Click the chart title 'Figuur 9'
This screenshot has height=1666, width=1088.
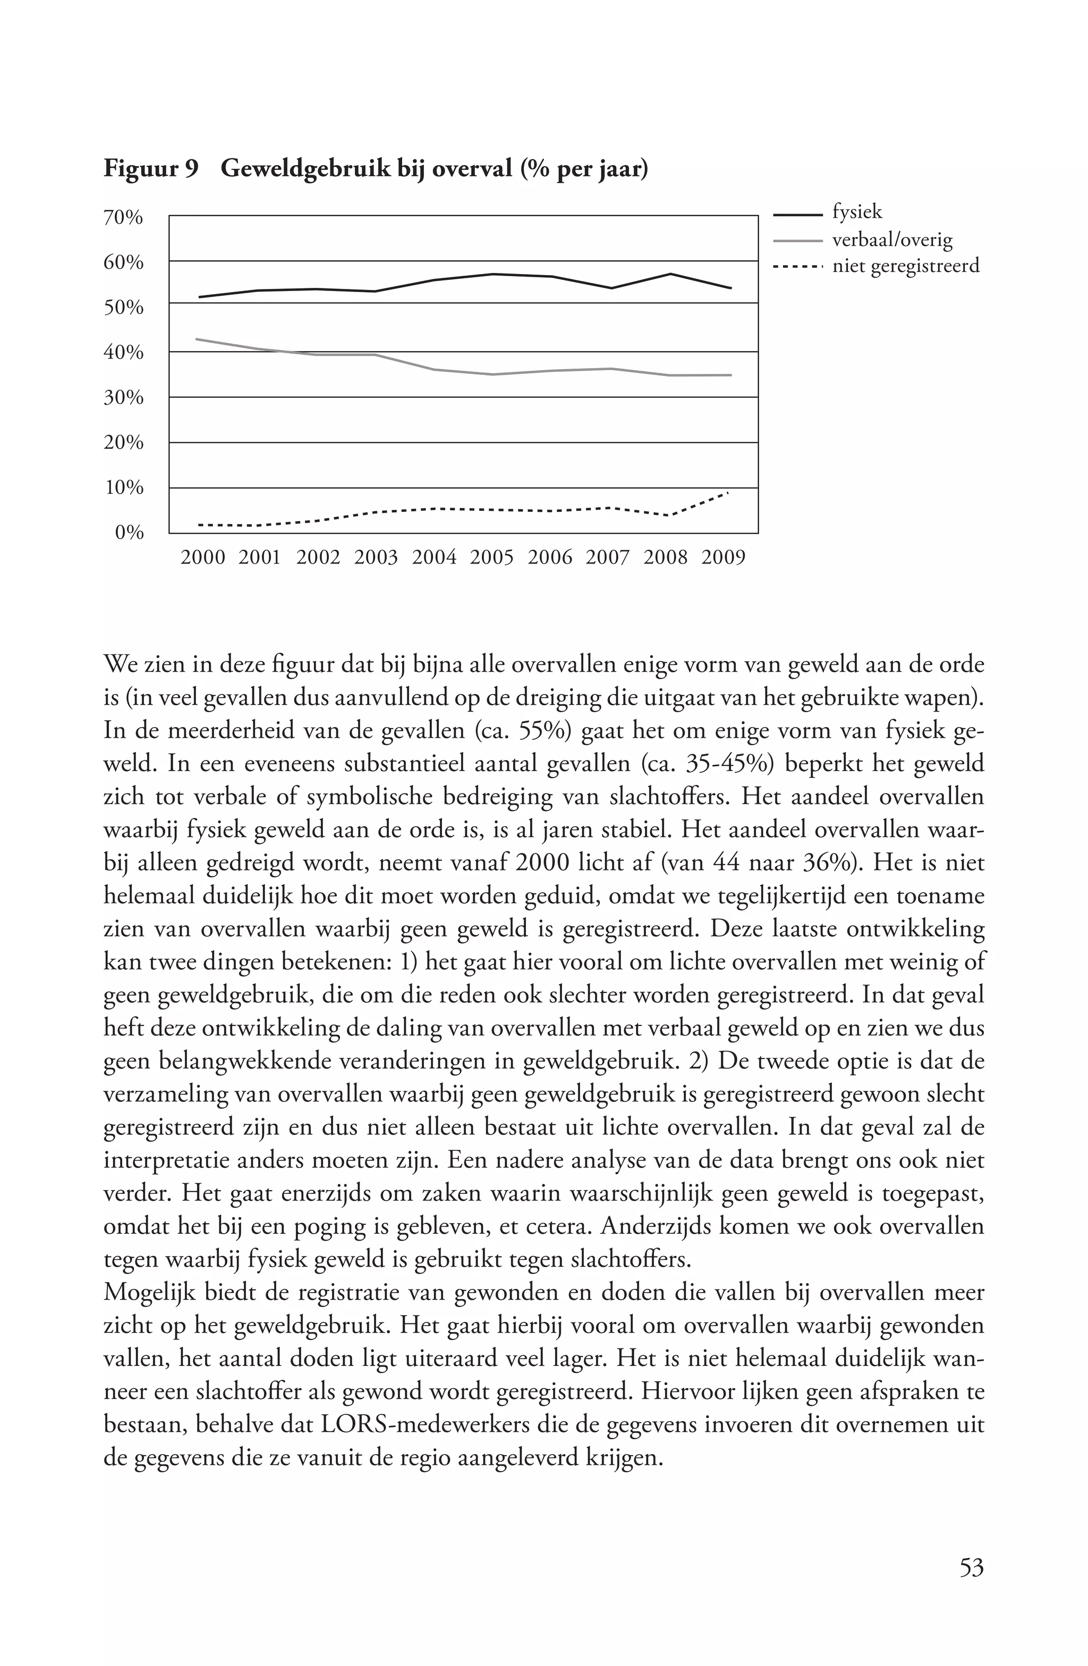pyautogui.click(x=150, y=169)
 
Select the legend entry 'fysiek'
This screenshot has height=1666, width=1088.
pyautogui.click(x=857, y=212)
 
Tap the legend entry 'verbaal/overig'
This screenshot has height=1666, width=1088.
pyautogui.click(x=892, y=240)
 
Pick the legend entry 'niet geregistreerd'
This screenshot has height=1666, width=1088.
pyautogui.click(x=905, y=266)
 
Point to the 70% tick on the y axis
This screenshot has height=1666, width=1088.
pyautogui.click(x=124, y=218)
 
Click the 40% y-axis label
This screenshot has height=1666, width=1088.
pyautogui.click(x=124, y=353)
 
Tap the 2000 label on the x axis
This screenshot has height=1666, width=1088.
pyautogui.click(x=203, y=558)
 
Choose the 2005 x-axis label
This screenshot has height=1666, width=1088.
pyautogui.click(x=491, y=558)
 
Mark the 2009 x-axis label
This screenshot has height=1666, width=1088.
pyautogui.click(x=723, y=558)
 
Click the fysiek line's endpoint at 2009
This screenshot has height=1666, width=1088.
pyautogui.click(x=731, y=288)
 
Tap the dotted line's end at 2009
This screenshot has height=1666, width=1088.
pyautogui.click(x=728, y=493)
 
